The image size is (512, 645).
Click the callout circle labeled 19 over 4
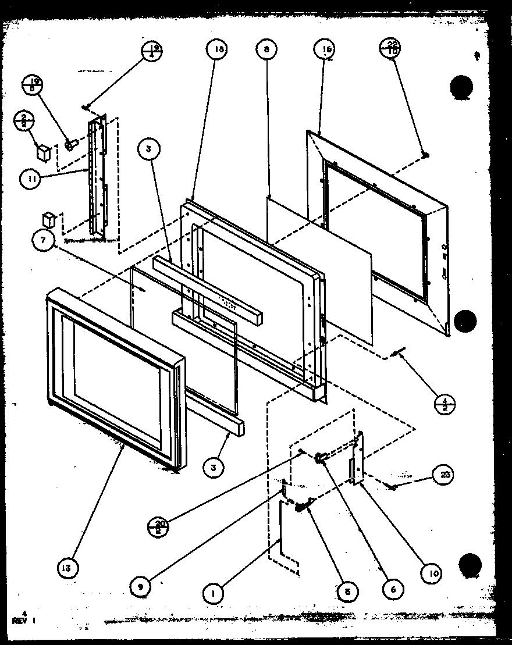point(153,52)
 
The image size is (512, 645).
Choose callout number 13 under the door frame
point(67,568)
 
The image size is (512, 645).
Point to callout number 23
point(445,475)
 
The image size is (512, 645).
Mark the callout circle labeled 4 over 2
point(445,402)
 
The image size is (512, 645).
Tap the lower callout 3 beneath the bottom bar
point(214,466)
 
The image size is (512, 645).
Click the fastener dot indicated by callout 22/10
point(426,155)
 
